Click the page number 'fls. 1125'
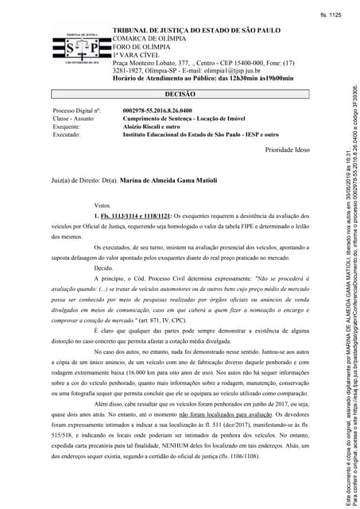tap(330, 15)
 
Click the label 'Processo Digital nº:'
tap(76, 111)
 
